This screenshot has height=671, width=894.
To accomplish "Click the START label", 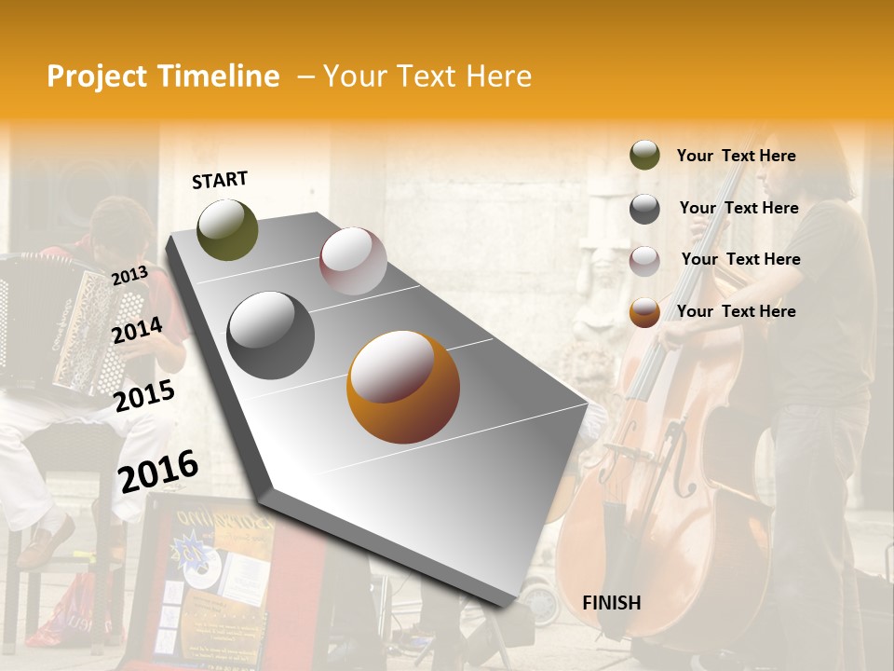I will (x=220, y=180).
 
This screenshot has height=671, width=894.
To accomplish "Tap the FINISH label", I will (x=611, y=603).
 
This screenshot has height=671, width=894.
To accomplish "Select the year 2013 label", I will (x=129, y=275).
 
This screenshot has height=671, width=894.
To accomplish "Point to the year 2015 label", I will (x=144, y=396).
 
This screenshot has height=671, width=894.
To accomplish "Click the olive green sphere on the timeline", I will (x=227, y=229).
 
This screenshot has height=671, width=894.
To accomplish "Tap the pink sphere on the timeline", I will (x=353, y=260).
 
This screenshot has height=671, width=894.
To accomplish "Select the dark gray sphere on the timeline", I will (x=271, y=335).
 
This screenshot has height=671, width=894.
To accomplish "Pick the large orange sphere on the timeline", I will (x=403, y=387).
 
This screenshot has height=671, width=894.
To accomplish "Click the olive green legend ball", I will (x=644, y=156).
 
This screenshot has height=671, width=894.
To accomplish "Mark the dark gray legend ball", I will (x=644, y=209).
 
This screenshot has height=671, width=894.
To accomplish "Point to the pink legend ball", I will (x=644, y=261).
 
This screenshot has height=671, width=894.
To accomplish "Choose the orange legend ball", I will (x=644, y=312).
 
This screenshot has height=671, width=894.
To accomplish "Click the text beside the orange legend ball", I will (x=737, y=311).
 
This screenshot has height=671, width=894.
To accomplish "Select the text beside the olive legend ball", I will (x=737, y=156).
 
